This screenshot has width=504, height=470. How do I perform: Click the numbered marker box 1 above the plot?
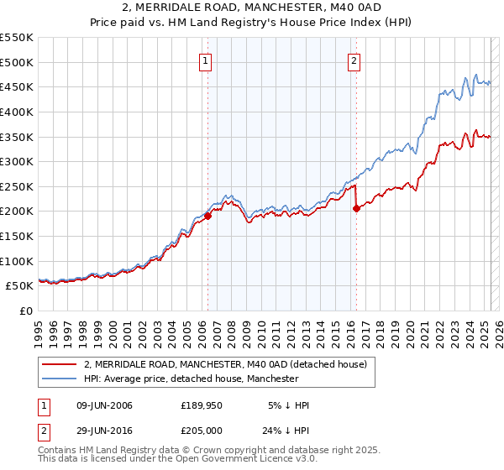[206, 60]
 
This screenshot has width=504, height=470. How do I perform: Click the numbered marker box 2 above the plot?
[354, 60]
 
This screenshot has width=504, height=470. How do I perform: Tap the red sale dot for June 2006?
[207, 216]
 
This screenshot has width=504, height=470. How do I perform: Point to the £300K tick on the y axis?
[18, 161]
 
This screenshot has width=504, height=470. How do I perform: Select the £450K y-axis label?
[18, 86]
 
